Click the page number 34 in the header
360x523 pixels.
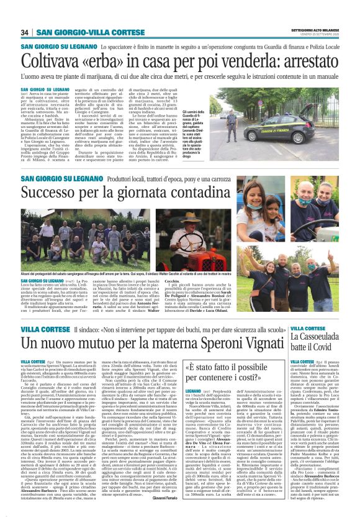click(x=25, y=32)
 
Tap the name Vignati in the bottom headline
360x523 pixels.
click(x=256, y=345)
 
